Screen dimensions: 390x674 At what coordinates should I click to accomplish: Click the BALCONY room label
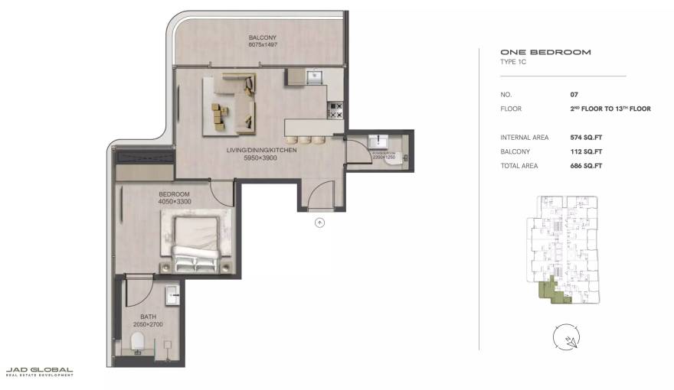point(262,37)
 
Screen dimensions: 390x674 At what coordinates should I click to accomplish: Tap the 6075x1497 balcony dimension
point(262,45)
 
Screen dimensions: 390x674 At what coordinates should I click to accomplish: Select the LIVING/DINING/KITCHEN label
point(261,150)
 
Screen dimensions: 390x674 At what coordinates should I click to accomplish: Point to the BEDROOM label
point(174,194)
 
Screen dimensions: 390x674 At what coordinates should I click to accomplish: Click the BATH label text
point(148,317)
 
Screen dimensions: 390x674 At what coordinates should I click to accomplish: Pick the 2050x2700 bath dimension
point(148,324)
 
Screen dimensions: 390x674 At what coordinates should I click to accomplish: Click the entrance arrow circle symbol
point(320,223)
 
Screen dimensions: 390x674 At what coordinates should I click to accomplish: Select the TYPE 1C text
point(513,61)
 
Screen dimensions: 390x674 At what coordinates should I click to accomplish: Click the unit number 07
point(574,94)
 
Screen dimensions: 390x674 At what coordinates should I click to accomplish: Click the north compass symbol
point(566,336)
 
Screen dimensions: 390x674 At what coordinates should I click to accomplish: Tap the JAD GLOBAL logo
point(40,372)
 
